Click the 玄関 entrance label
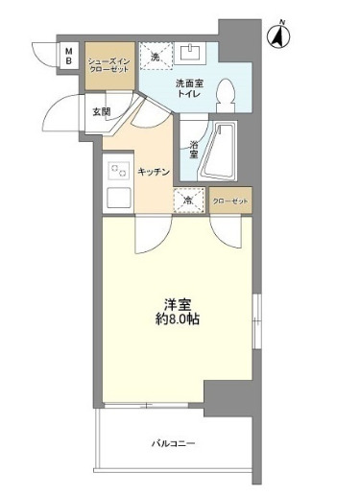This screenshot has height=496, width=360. pyautogui.click(x=101, y=111)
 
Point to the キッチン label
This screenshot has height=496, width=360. pyautogui.click(x=154, y=171)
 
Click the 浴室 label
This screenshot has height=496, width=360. pyautogui.click(x=192, y=149)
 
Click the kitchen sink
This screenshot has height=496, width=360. pyautogui.click(x=119, y=201)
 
